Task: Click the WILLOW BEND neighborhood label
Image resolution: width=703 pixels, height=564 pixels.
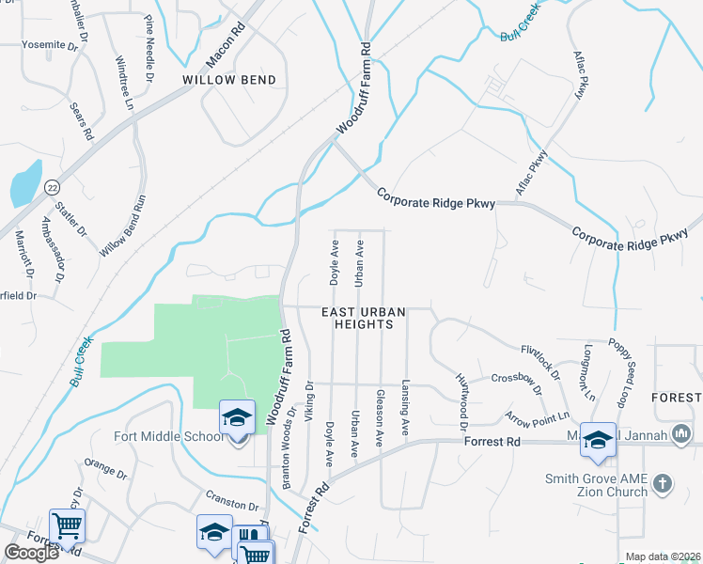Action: [x=229, y=80]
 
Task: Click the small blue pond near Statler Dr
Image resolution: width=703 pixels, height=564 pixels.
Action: [x=25, y=184]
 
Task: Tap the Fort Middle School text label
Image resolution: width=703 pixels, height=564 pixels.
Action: [x=161, y=436]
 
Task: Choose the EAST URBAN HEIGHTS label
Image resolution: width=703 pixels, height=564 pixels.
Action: [x=356, y=317]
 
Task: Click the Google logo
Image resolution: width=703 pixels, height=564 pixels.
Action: [x=31, y=553]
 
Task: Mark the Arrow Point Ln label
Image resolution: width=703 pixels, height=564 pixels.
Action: [x=537, y=416]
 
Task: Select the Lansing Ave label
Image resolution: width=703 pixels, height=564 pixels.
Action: [x=406, y=401]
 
